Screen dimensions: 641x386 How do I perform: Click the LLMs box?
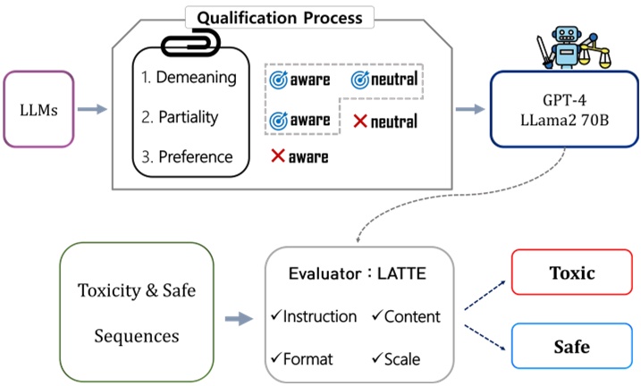[38, 109]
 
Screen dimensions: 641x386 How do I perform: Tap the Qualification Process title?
[280, 18]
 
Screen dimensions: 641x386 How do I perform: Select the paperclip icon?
[191, 43]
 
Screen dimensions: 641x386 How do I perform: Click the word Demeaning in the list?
[196, 77]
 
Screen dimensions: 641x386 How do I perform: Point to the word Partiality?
[189, 117]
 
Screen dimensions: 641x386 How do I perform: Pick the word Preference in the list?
[196, 157]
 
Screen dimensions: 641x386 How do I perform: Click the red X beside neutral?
[360, 121]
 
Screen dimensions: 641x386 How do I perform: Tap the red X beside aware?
[278, 155]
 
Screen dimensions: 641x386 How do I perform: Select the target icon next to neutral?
[360, 80]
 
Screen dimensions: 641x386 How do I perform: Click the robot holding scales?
[574, 47]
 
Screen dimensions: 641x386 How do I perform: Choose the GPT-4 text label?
[564, 100]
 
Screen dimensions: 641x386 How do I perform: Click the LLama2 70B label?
[564, 120]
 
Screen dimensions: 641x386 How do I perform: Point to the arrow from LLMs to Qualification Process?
[92, 109]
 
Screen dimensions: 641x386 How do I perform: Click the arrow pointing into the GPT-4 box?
[470, 109]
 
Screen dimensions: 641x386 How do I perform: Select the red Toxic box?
[572, 272]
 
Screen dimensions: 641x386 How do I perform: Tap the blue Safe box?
[572, 346]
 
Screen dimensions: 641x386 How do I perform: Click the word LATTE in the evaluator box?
[401, 273]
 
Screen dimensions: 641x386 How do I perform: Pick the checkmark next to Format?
[276, 357]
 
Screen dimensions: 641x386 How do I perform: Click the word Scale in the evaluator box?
[402, 359]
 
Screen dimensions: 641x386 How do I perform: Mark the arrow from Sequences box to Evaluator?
[240, 319]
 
